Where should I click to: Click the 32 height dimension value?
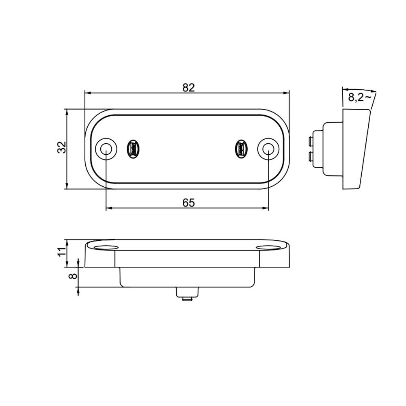click(x=61, y=148)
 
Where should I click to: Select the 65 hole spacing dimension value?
click(x=188, y=203)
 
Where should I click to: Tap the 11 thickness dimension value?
click(x=61, y=252)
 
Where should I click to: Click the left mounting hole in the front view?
click(x=106, y=149)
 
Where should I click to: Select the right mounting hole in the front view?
click(x=268, y=149)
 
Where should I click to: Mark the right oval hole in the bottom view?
click(x=269, y=247)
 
